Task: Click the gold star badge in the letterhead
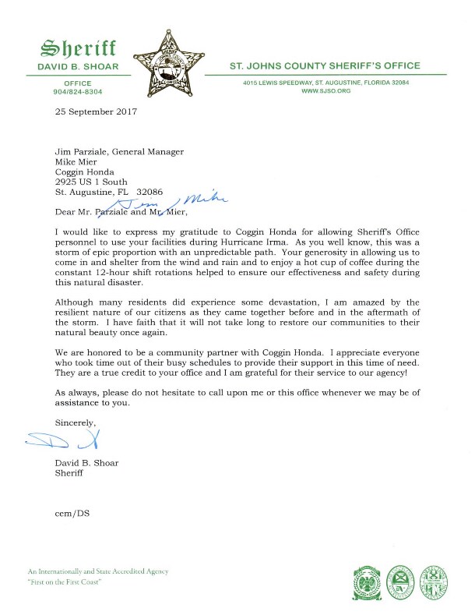[174, 60]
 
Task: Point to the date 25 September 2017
[96, 111]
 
